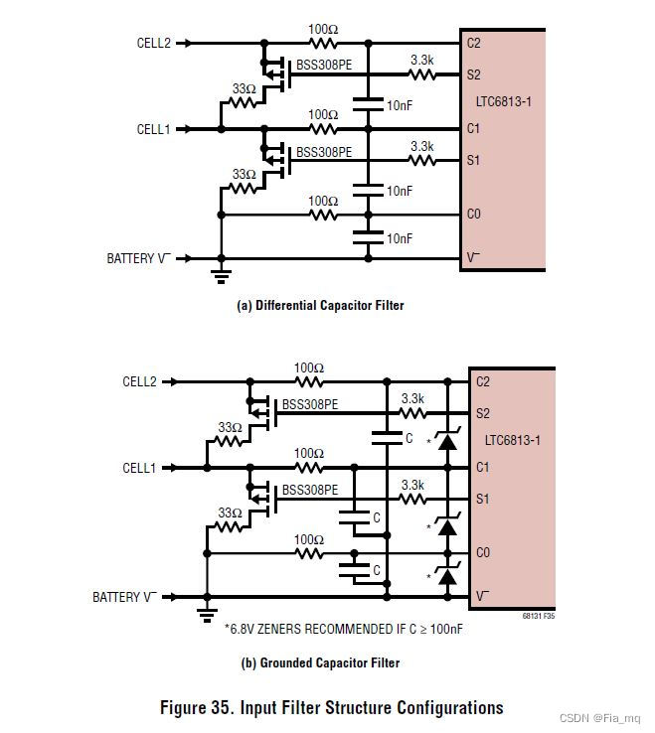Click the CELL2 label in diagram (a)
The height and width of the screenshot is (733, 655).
154,44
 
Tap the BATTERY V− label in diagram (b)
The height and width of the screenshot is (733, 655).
124,597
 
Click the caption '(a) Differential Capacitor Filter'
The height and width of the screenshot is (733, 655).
320,306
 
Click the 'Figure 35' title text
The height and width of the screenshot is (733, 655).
331,708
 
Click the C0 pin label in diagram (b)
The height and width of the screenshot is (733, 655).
483,552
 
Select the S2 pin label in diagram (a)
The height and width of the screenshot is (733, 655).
473,74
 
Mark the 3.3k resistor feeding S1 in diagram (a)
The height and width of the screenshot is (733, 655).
422,159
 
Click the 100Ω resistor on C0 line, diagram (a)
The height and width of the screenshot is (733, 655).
323,214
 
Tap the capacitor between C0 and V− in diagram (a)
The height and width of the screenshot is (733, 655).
368,236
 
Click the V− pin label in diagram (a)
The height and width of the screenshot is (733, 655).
473,257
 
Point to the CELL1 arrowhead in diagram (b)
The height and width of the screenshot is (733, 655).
180,468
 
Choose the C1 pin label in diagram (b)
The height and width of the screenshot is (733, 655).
483,467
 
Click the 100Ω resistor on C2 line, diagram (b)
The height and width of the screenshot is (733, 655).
309,381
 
